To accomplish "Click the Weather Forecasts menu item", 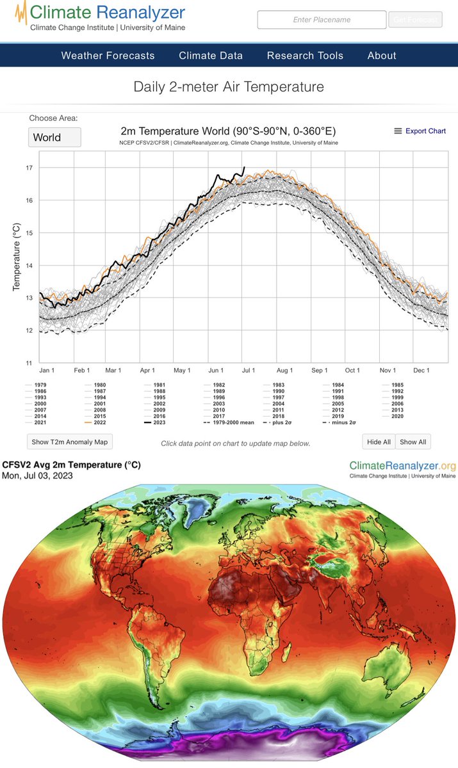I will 108,56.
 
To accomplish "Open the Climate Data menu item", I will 211,56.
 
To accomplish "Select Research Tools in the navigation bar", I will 305,56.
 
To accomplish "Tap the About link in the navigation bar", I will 382,56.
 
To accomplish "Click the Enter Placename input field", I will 322,20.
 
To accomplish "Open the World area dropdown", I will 54,137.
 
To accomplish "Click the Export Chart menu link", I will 420,131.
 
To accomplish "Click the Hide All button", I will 378,442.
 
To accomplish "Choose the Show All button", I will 413,442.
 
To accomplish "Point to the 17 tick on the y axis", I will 29,168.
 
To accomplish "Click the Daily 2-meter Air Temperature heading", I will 229,86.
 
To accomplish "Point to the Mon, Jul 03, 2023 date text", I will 38,476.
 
